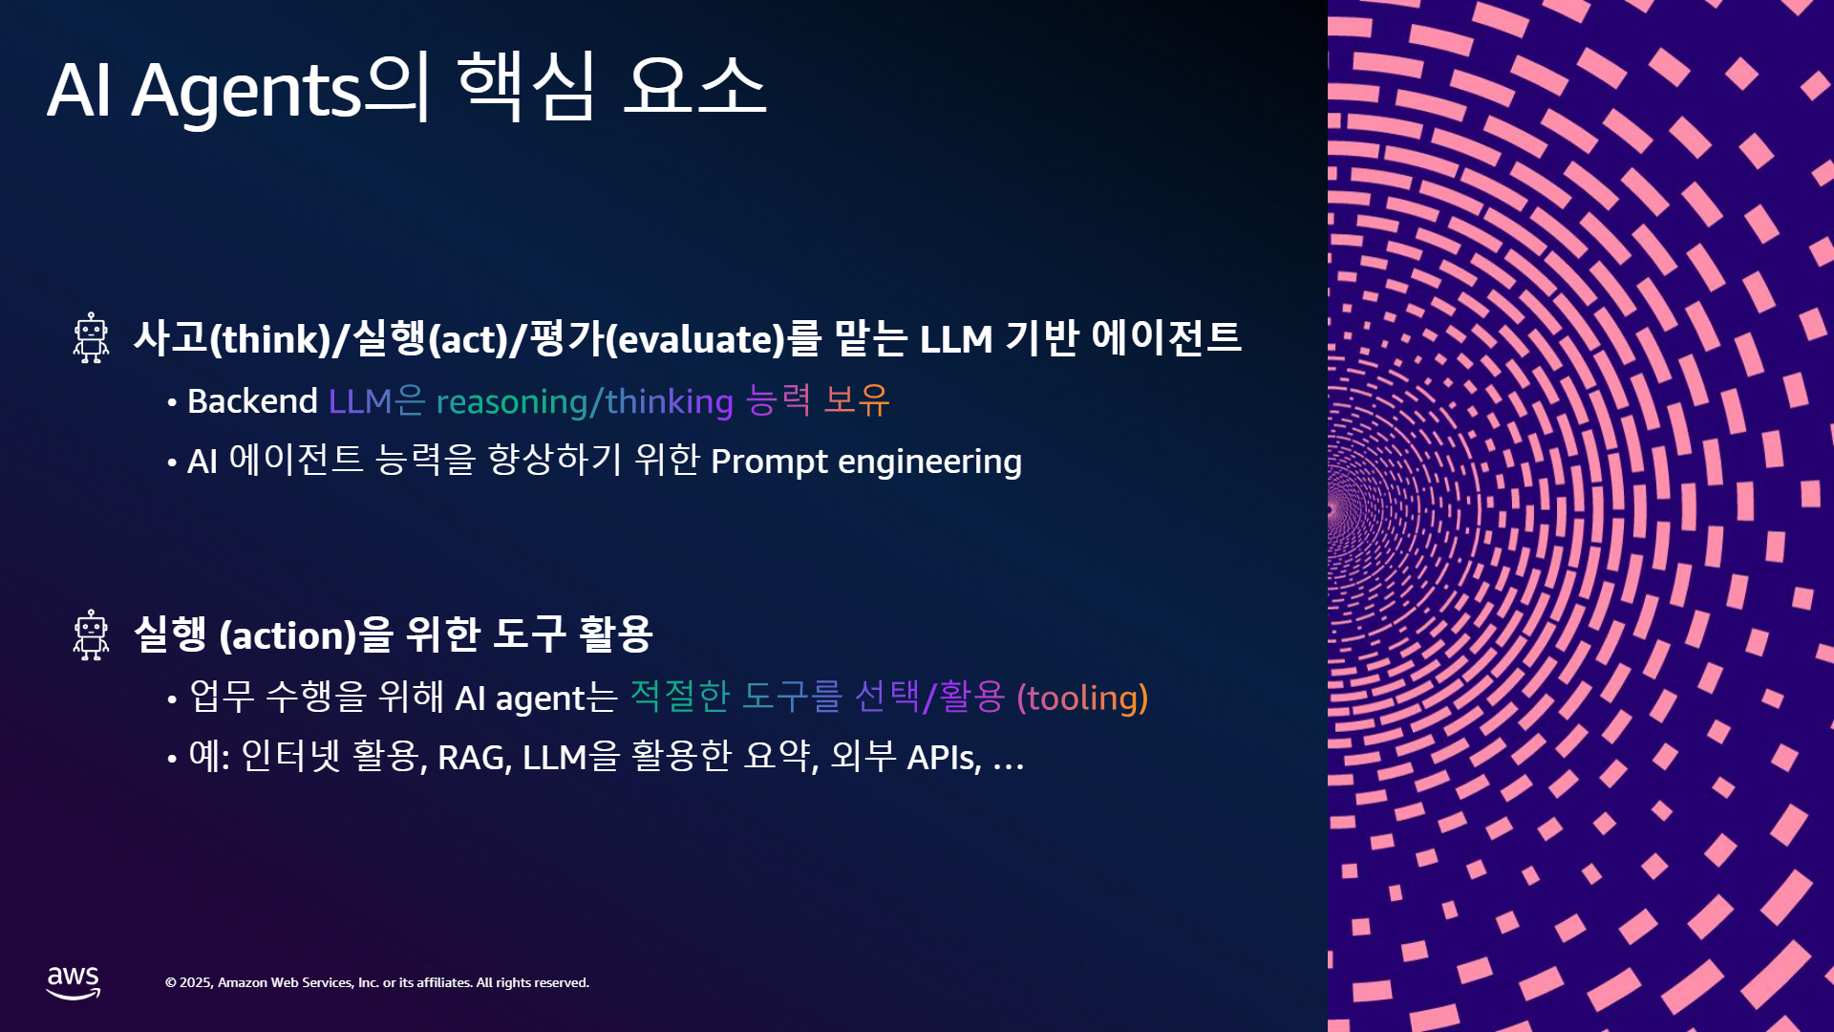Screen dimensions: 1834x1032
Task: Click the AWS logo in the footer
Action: [74, 982]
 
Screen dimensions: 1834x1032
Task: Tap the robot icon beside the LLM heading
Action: [92, 338]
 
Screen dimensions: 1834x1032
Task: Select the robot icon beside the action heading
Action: [92, 635]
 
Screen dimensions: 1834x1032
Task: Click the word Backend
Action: [252, 401]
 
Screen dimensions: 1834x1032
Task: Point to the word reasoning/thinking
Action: [585, 402]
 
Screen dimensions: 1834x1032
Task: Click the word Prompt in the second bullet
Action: [769, 462]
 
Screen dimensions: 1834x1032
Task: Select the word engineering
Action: [929, 462]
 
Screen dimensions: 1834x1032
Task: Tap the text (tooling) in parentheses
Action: [1082, 699]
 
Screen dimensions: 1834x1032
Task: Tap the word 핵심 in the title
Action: [527, 86]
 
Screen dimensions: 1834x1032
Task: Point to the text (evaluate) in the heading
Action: [695, 340]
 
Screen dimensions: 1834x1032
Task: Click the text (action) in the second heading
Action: [288, 636]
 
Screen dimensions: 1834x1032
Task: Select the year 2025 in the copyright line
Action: [195, 982]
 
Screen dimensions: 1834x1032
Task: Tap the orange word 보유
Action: [856, 400]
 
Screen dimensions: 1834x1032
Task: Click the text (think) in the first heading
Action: [269, 340]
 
